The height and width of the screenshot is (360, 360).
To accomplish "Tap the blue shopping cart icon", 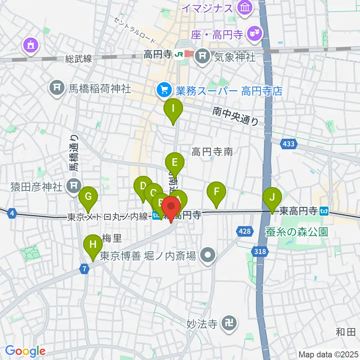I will pyautogui.click(x=164, y=90).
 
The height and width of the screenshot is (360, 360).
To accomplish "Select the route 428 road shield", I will pyautogui.click(x=244, y=231).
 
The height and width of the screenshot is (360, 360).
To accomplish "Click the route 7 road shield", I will pyautogui.click(x=85, y=269).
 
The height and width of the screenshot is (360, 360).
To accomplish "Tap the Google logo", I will pyautogui.click(x=25, y=351).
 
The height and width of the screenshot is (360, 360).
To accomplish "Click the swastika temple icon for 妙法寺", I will pyautogui.click(x=228, y=323).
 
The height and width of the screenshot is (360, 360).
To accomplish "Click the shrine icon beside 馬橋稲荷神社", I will pyautogui.click(x=57, y=88).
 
